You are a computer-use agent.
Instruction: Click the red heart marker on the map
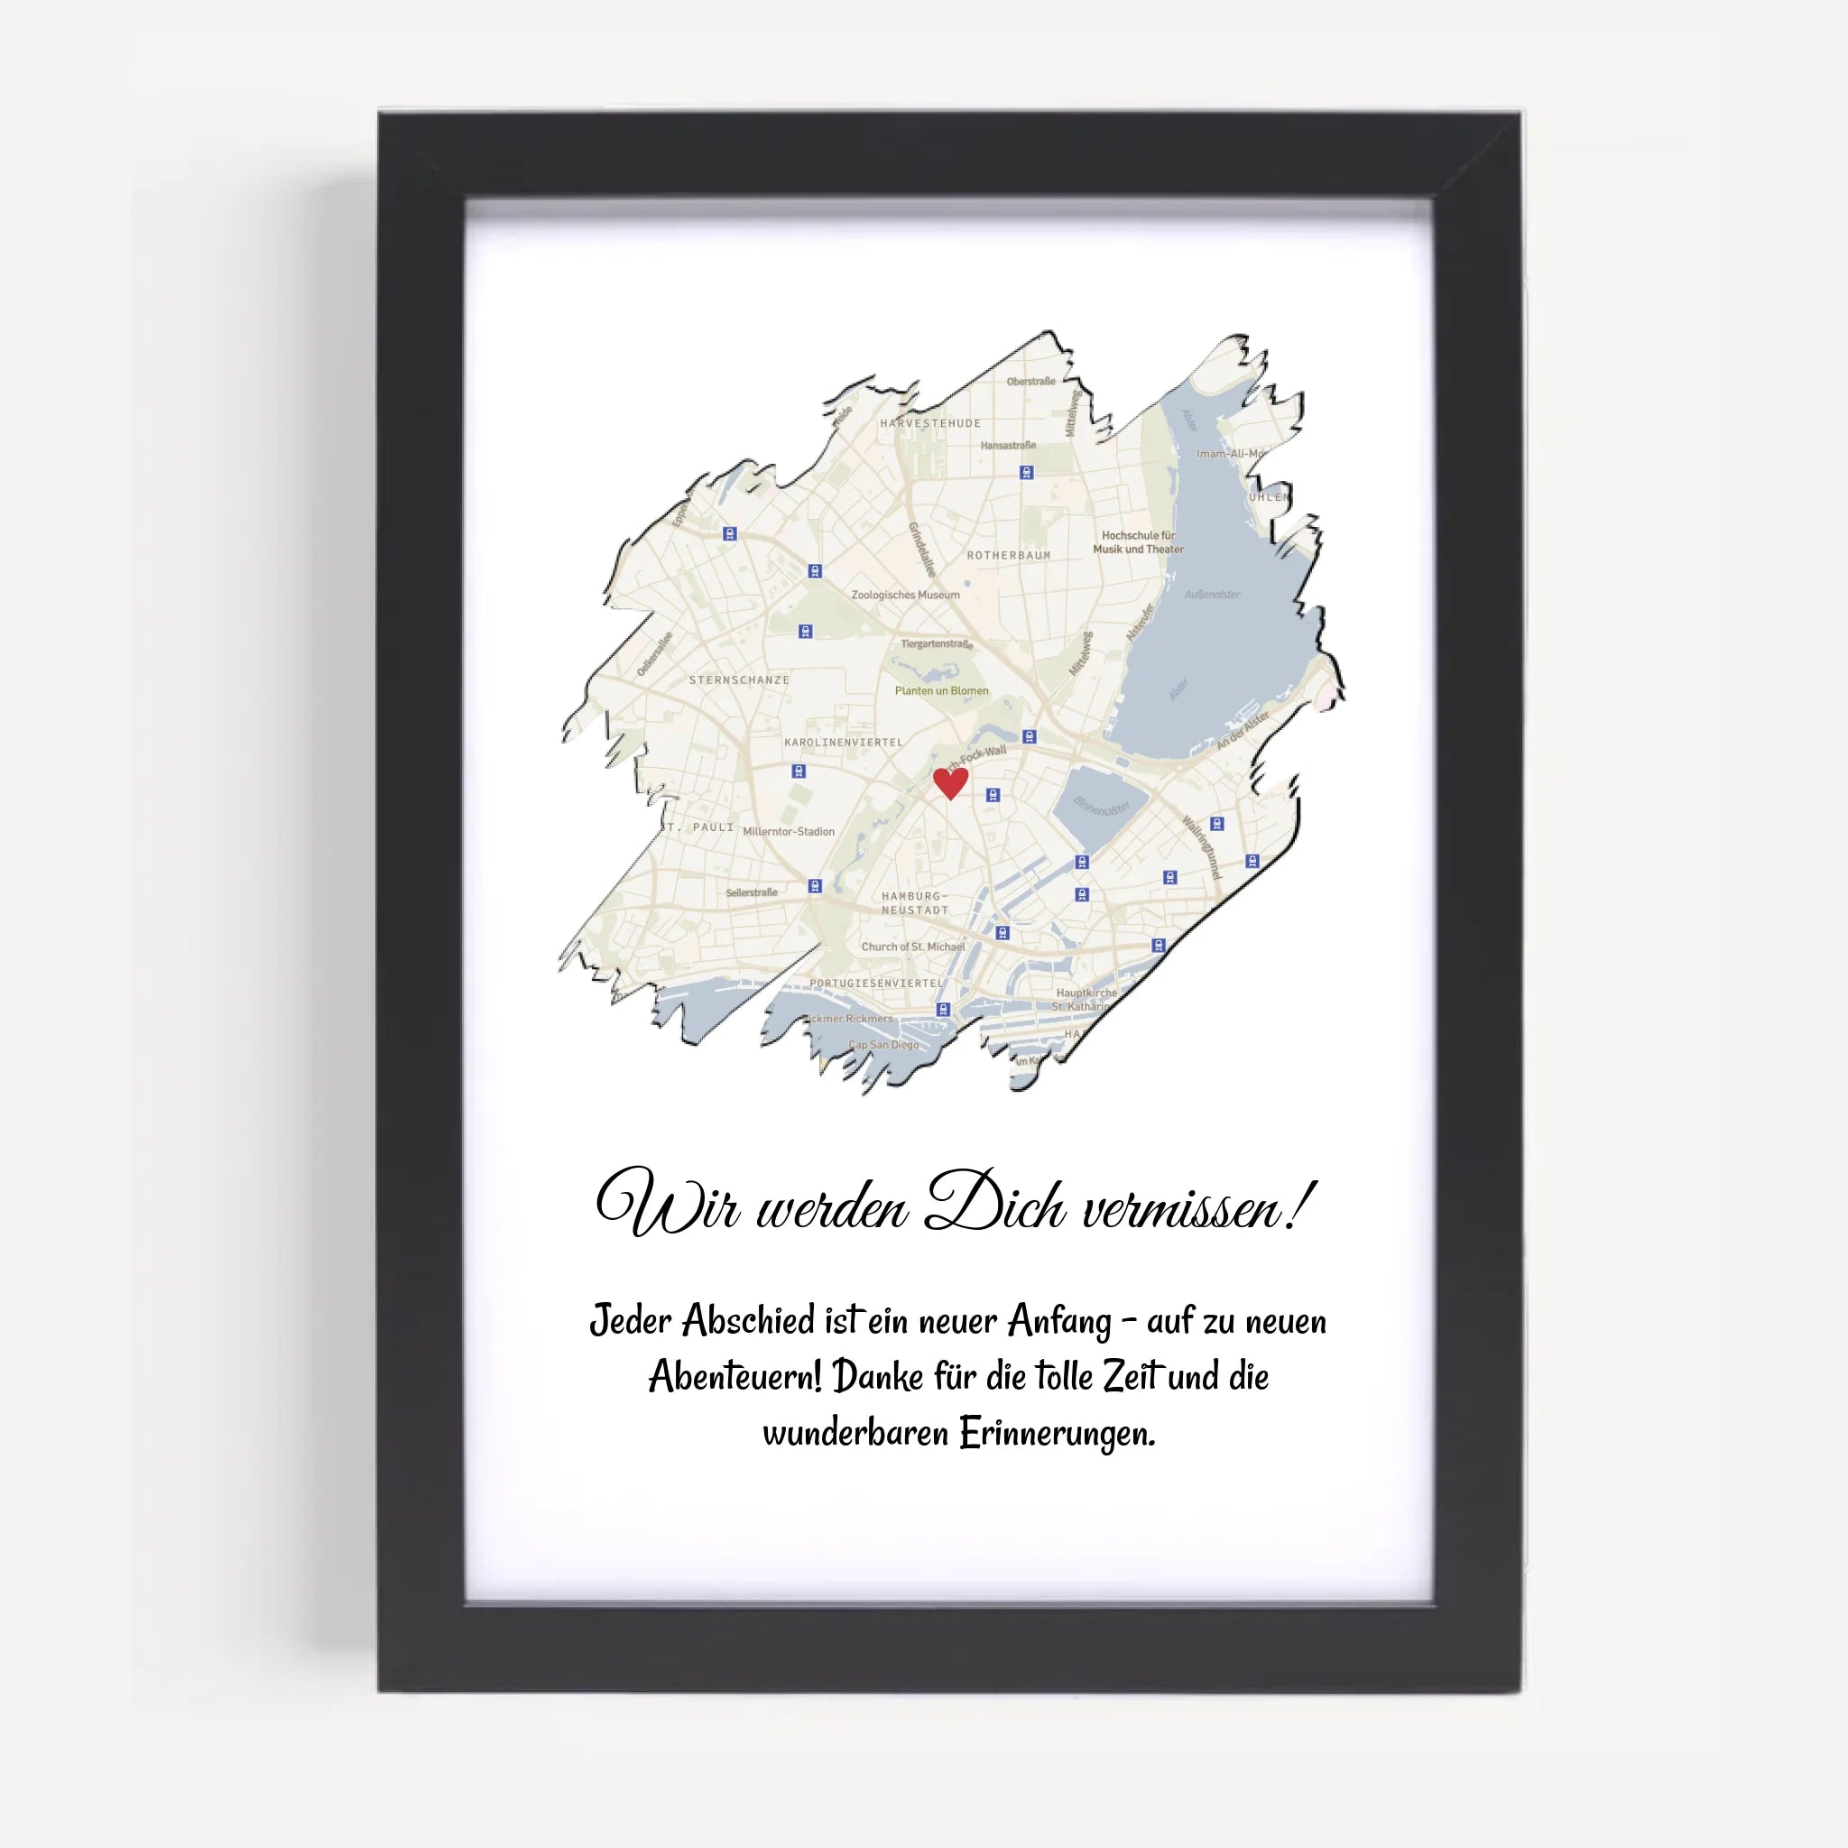pos(950,781)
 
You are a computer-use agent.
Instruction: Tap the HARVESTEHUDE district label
pos(929,423)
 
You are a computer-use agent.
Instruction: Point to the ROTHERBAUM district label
pos(1008,555)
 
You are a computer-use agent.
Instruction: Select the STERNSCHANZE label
pos(739,680)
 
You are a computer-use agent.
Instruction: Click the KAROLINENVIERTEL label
pos(843,743)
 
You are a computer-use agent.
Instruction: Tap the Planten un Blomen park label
pos(941,690)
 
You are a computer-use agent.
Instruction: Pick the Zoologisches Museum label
pos(905,595)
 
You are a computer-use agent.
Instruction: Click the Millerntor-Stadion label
pos(788,831)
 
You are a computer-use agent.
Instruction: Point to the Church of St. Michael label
pos(912,947)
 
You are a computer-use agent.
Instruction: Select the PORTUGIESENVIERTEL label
pos(875,984)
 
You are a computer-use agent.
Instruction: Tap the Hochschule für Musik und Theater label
pos(1138,542)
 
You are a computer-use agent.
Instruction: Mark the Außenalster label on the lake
pos(1212,594)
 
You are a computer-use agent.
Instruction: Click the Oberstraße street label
pos(1030,382)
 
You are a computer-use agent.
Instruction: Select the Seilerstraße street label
pos(751,892)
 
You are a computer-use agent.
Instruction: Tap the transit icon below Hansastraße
pos(1026,473)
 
